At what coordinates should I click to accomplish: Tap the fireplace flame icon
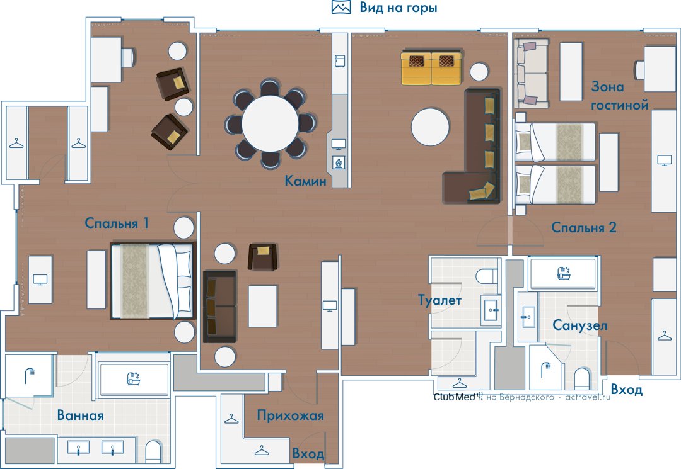(x=339, y=163)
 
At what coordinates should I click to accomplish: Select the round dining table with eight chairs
(x=270, y=124)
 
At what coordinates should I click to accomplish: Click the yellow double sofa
(x=432, y=67)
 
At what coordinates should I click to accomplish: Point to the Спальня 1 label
(x=117, y=223)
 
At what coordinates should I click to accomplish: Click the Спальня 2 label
(x=584, y=227)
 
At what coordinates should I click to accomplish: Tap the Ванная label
(x=80, y=415)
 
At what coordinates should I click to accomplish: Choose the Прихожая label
(x=290, y=415)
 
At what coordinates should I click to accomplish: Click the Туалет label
(x=439, y=300)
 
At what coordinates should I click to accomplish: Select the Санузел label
(x=580, y=325)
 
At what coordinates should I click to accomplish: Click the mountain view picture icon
(x=341, y=7)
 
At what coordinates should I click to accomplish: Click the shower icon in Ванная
(x=30, y=376)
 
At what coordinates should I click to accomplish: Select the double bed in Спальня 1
(x=153, y=280)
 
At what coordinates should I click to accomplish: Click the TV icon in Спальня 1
(x=40, y=280)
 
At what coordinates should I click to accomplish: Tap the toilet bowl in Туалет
(x=486, y=276)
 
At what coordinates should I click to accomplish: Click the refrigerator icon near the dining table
(x=340, y=61)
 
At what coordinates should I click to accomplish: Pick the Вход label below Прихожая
(x=308, y=454)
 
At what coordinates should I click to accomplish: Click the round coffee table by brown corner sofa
(x=431, y=127)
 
